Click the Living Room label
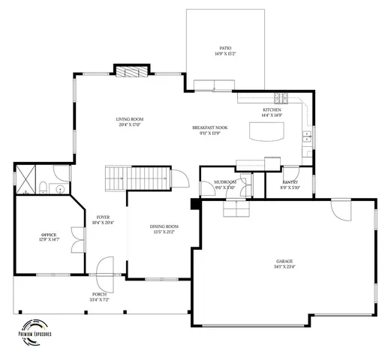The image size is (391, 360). click(129, 118)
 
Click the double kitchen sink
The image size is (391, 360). click(306, 136)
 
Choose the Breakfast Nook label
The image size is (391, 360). click(209, 127)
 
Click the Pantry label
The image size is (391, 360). click(290, 182)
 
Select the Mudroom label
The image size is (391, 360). click(225, 182)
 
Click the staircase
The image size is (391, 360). click(136, 178)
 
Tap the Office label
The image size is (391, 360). click(49, 235)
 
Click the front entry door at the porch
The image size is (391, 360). click(106, 268)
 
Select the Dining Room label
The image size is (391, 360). click(164, 226)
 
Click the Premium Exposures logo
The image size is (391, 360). click(35, 334)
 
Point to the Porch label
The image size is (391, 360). click(100, 294)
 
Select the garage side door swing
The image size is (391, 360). click(341, 209)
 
